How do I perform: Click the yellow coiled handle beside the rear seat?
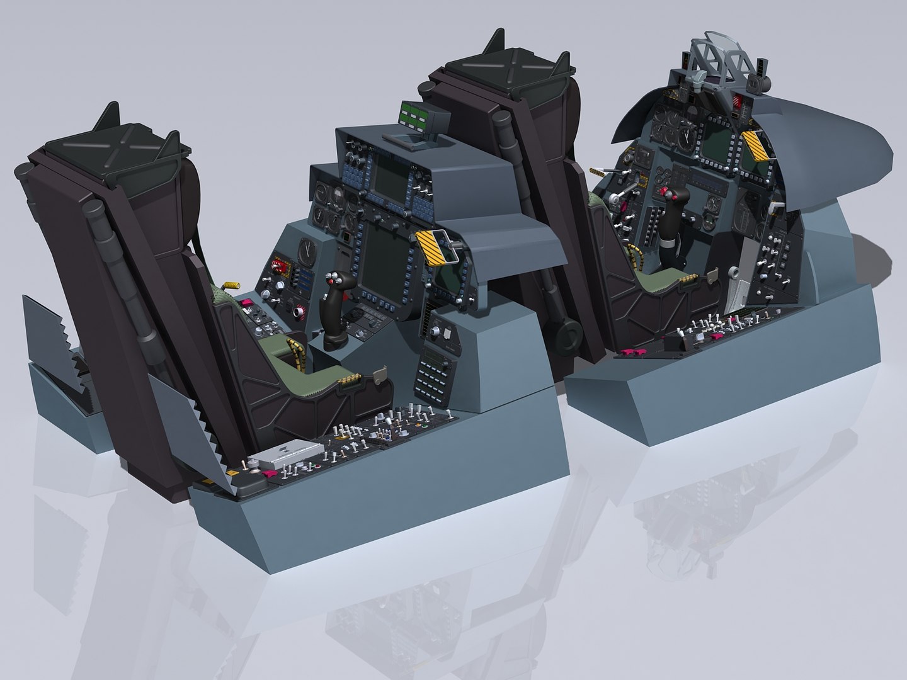[x=232, y=287]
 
